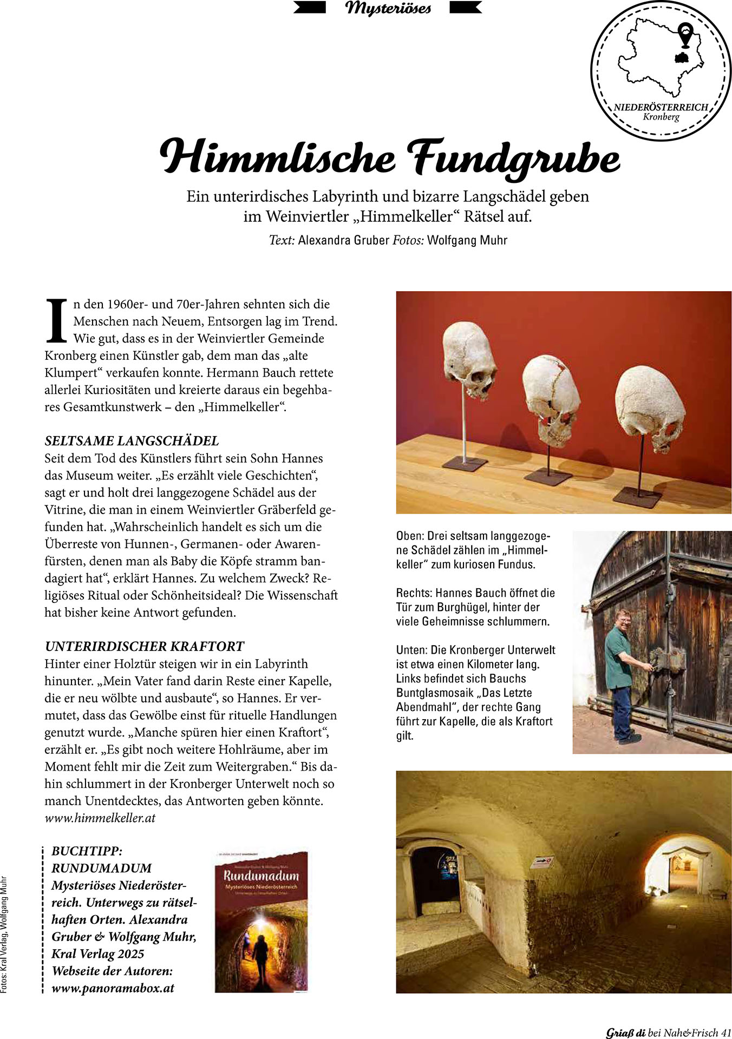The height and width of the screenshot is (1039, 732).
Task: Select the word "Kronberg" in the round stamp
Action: click(x=661, y=116)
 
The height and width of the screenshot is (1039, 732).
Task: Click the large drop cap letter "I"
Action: click(x=56, y=321)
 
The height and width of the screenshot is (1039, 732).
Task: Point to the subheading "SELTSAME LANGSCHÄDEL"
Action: click(x=132, y=440)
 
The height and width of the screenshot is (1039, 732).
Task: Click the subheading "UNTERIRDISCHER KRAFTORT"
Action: click(x=144, y=646)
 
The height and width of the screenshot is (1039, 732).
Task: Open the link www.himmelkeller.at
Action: click(x=100, y=818)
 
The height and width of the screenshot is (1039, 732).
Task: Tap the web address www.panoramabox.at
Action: click(x=113, y=988)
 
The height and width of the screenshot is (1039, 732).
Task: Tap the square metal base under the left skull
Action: click(x=465, y=464)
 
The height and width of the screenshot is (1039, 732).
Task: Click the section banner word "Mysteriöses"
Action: click(x=388, y=8)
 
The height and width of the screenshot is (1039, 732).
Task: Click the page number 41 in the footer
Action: click(x=726, y=1033)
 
